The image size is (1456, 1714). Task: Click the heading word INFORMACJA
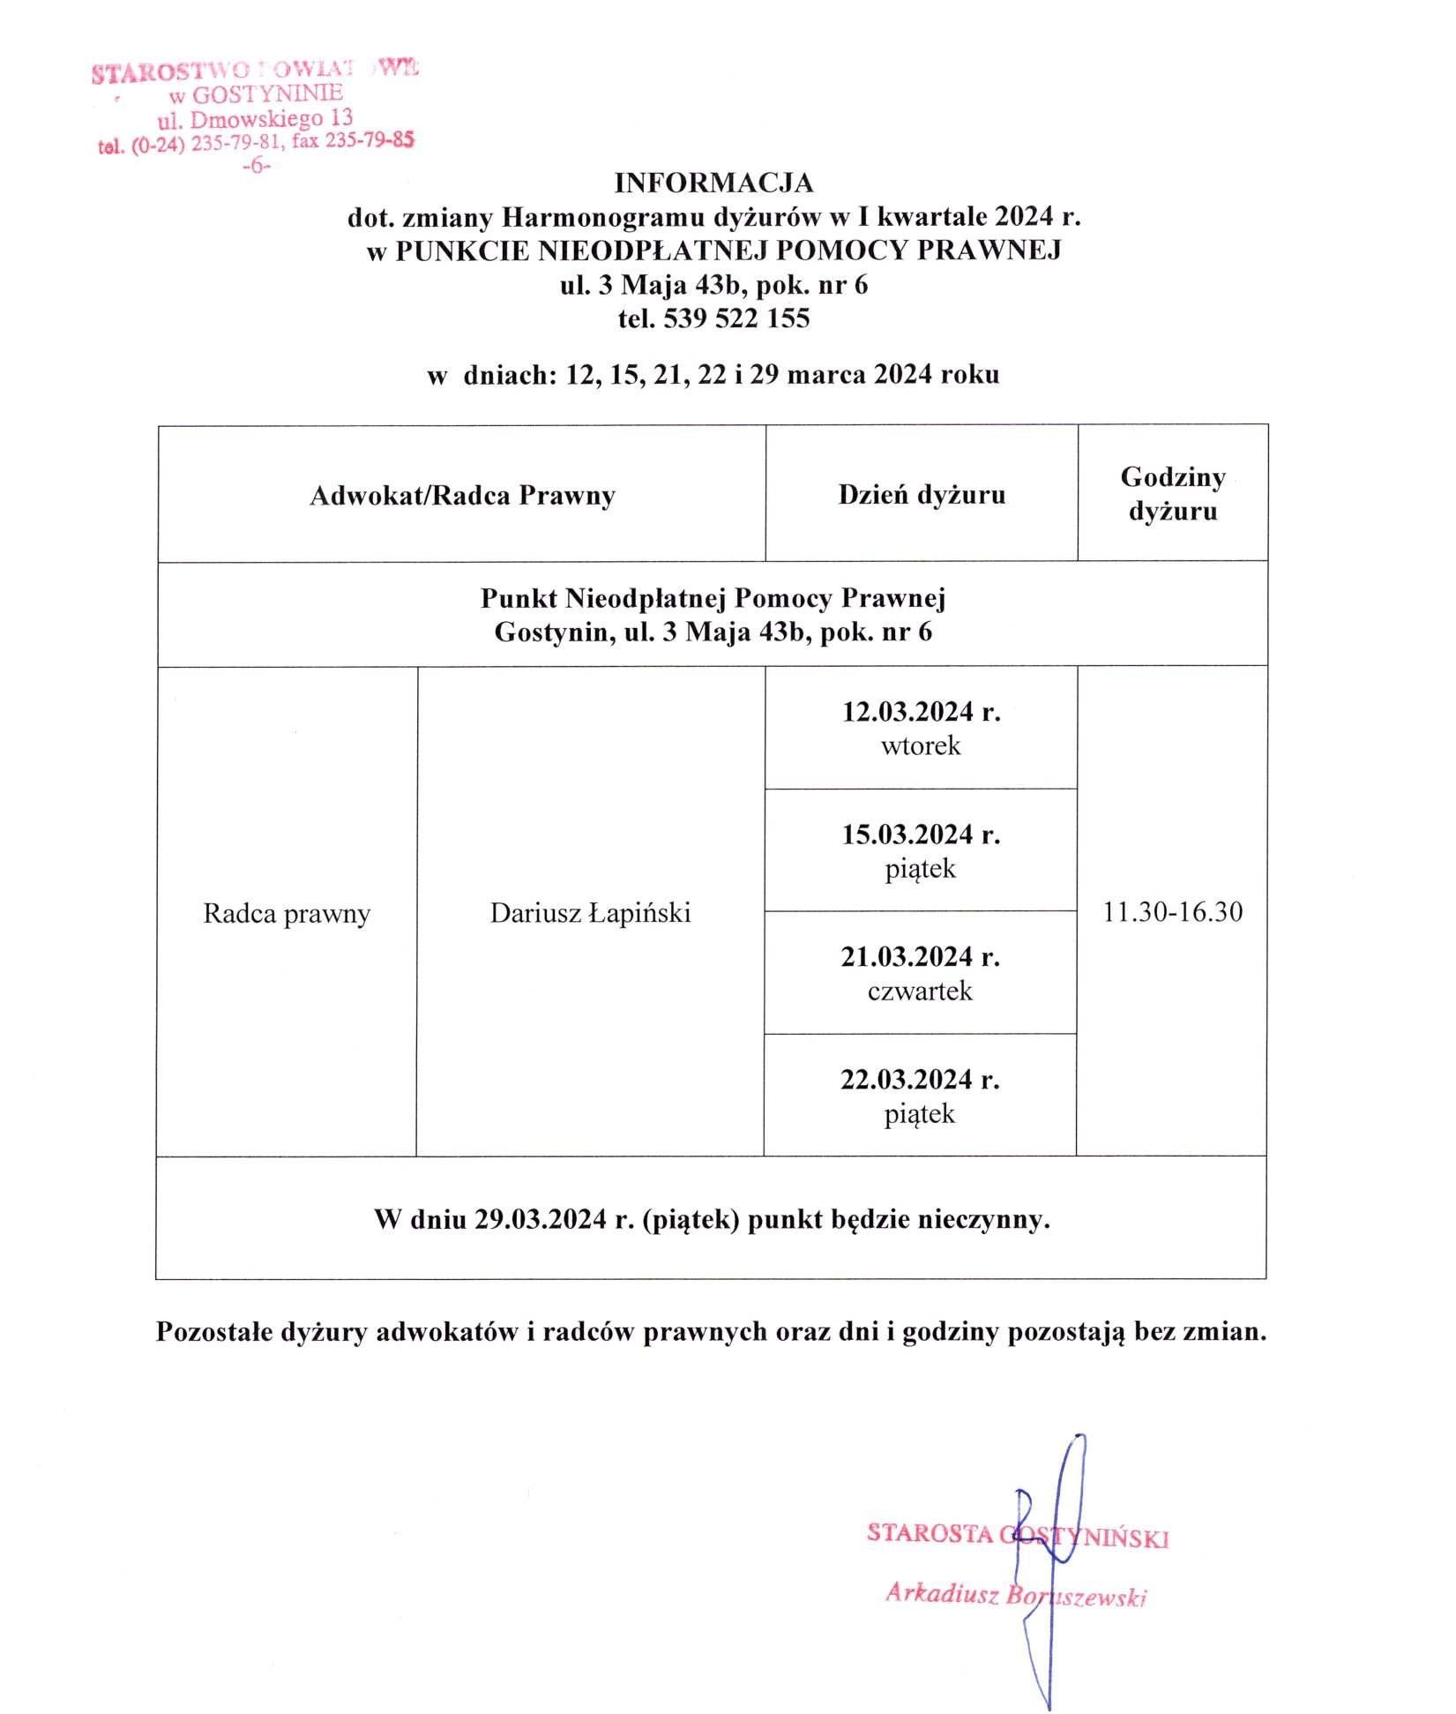[713, 183]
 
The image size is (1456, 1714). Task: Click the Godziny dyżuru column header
[1173, 494]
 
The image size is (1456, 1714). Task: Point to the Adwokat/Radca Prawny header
[462, 495]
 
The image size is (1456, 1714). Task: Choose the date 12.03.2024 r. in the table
[921, 712]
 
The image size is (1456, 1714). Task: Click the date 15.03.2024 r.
[921, 835]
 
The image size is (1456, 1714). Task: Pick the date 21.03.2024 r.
[920, 957]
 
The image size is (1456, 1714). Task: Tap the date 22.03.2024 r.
[920, 1080]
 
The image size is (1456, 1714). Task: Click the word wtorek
[921, 746]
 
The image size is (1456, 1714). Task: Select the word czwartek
[920, 992]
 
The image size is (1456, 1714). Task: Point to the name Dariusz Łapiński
[590, 913]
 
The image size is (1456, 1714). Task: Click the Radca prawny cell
[287, 913]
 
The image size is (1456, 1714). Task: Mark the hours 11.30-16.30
[1173, 912]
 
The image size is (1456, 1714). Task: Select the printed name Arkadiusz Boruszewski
[1016, 1595]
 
